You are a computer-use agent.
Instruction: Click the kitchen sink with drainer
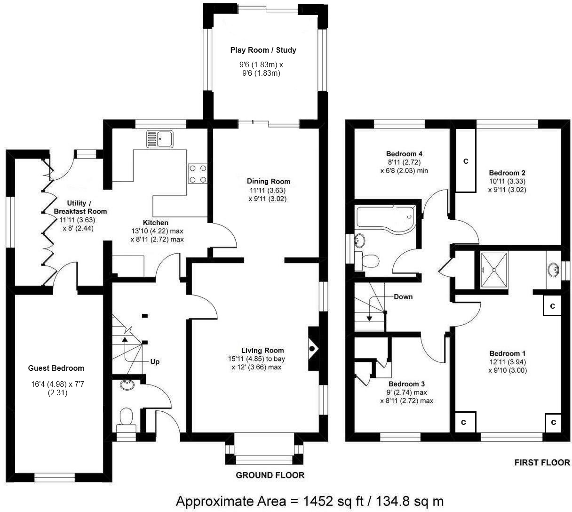click(x=159, y=139)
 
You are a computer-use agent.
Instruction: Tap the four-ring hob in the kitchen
click(x=198, y=174)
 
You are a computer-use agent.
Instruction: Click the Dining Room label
click(x=268, y=181)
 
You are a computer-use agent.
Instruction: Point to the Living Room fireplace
click(x=313, y=349)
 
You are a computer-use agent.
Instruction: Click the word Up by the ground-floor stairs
click(x=155, y=362)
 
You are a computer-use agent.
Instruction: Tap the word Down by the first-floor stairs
click(x=403, y=297)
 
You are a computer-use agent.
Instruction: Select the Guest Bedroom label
click(x=56, y=368)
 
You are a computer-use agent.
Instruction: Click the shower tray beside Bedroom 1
click(x=494, y=270)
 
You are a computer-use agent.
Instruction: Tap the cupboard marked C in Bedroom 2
click(x=466, y=160)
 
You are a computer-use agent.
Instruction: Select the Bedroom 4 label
click(x=404, y=154)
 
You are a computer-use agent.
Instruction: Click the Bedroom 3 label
click(x=406, y=384)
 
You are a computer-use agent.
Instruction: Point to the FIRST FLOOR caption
click(x=542, y=463)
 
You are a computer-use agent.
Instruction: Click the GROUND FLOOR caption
click(x=270, y=475)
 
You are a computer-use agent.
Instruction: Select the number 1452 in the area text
click(x=318, y=501)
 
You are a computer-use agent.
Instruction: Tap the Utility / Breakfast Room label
click(x=80, y=207)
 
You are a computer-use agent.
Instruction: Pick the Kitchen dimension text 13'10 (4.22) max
click(x=157, y=231)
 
